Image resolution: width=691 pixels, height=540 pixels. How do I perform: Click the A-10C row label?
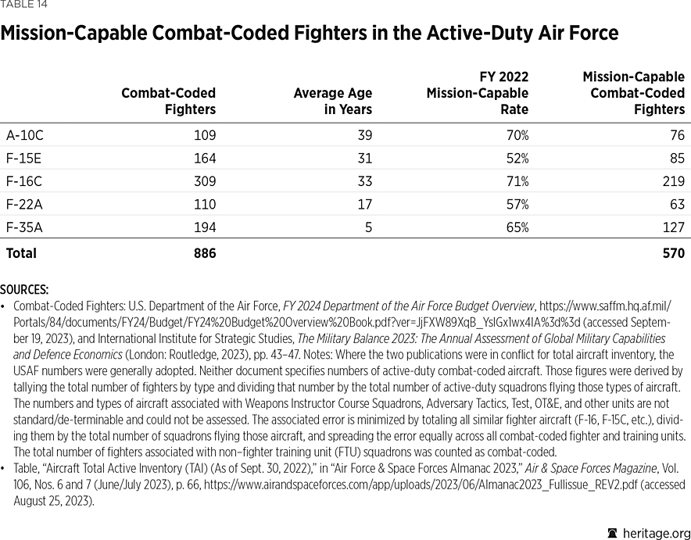pyautogui.click(x=25, y=135)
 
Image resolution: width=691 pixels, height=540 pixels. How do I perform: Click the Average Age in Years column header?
pyautogui.click(x=332, y=102)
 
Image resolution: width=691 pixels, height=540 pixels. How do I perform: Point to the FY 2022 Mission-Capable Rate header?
pyautogui.click(x=477, y=93)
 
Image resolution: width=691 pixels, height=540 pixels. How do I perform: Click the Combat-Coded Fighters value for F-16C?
pyautogui.click(x=204, y=181)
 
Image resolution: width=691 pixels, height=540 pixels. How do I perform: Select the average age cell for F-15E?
pyautogui.click(x=363, y=159)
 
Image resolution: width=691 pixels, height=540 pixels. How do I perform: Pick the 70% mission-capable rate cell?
pyautogui.click(x=517, y=135)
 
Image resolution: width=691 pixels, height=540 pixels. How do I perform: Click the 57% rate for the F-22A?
pyautogui.click(x=517, y=205)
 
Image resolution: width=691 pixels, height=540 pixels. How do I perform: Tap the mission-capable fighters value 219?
pyautogui.click(x=672, y=181)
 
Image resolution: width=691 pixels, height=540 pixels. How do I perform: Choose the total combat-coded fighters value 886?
pyautogui.click(x=204, y=253)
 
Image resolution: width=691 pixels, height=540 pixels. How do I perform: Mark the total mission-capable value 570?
pyautogui.click(x=672, y=253)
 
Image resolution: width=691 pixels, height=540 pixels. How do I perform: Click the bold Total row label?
pyautogui.click(x=21, y=253)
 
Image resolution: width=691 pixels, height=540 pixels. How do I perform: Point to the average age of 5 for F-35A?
pyautogui.click(x=368, y=228)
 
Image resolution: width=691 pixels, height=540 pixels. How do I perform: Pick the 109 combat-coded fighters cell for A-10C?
pyautogui.click(x=204, y=135)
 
